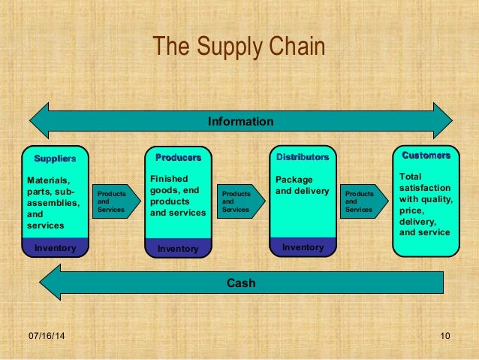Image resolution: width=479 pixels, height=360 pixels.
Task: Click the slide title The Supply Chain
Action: pyautogui.click(x=239, y=47)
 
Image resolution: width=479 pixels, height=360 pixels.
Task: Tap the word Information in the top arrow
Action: pyautogui.click(x=240, y=121)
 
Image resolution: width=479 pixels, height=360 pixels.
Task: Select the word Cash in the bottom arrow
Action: pyautogui.click(x=241, y=283)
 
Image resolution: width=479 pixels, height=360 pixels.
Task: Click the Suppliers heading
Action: pyautogui.click(x=55, y=159)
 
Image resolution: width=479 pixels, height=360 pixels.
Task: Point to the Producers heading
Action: pyautogui.click(x=178, y=158)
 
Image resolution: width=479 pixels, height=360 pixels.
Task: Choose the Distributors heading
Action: pyautogui.click(x=302, y=157)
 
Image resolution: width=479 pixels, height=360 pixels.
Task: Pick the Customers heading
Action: pyautogui.click(x=426, y=156)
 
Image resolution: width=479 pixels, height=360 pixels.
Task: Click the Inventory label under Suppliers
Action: pyautogui.click(x=55, y=247)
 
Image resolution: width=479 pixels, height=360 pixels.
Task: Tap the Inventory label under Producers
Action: pyautogui.click(x=178, y=248)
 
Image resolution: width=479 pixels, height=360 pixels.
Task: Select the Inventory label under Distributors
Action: pyautogui.click(x=303, y=247)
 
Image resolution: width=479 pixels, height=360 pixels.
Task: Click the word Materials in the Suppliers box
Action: pyautogui.click(x=47, y=180)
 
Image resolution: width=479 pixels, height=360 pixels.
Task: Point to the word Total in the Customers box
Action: pyautogui.click(x=411, y=176)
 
